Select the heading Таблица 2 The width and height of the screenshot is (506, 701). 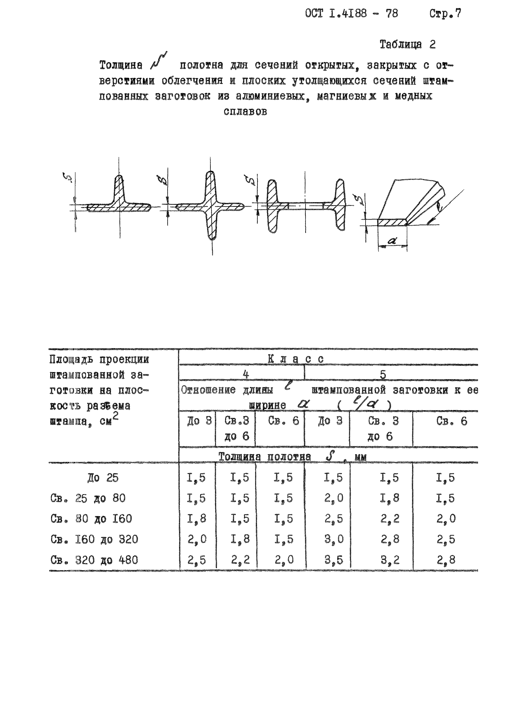click(407, 45)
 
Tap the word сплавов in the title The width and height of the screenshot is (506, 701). click(245, 112)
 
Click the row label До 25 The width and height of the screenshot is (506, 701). click(103, 478)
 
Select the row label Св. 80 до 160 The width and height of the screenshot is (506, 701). click(91, 519)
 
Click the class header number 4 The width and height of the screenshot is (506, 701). click(246, 375)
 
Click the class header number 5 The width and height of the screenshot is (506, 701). click(383, 375)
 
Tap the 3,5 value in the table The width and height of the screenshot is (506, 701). click(334, 560)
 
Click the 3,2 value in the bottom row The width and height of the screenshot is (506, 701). click(390, 560)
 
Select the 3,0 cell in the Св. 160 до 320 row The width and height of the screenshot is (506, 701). click(334, 540)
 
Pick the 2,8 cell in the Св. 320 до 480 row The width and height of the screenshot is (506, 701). click(446, 560)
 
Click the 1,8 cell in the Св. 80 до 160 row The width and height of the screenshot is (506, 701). click(197, 519)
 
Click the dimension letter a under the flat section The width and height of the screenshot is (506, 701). click(392, 241)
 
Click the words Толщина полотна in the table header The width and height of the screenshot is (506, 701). click(265, 457)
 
